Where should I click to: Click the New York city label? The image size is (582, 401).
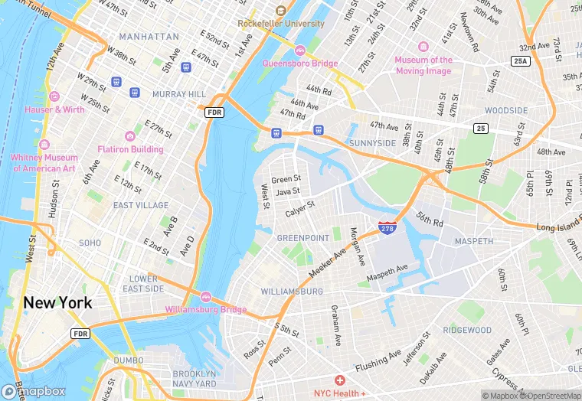(x=57, y=302)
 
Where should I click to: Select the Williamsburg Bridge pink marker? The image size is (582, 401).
(x=205, y=297)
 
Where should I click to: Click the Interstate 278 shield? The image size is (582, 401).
(x=387, y=228)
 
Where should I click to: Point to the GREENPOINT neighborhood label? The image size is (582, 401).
(x=302, y=238)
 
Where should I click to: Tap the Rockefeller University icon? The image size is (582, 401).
(x=280, y=10)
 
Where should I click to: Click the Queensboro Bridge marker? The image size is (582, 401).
(x=299, y=51)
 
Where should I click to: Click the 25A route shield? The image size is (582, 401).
(x=522, y=60)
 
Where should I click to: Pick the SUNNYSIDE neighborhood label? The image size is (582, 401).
(x=373, y=143)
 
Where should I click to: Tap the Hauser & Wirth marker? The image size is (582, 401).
(x=54, y=96)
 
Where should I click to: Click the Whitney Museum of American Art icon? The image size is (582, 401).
(x=44, y=145)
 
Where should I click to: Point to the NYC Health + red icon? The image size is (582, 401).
(x=339, y=380)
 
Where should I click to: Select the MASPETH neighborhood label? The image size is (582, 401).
(x=474, y=241)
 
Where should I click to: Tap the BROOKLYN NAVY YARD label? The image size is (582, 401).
(x=195, y=378)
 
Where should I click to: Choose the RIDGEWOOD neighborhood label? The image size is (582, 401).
(x=467, y=330)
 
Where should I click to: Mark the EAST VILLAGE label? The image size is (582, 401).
(x=141, y=205)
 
